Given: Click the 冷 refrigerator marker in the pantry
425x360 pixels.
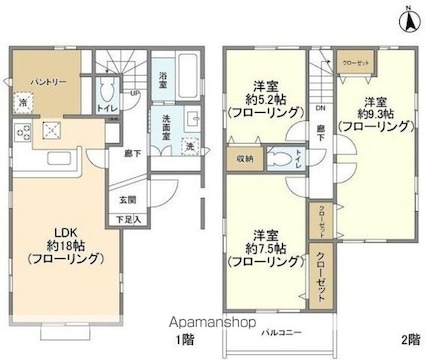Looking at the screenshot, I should [22, 101].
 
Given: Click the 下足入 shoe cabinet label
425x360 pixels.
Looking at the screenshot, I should [128, 219].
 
